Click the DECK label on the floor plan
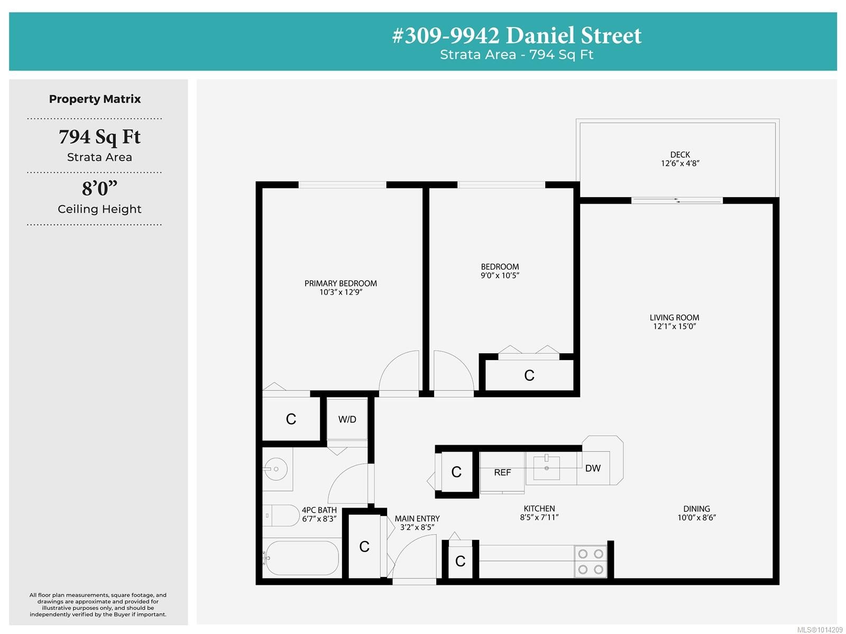tap(680, 154)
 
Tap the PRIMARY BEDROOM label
tap(341, 283)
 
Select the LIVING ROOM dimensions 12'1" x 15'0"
tap(674, 326)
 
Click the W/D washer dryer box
tap(347, 419)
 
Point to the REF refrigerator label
tap(502, 472)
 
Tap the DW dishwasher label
tap(593, 468)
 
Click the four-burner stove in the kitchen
tap(591, 562)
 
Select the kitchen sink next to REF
tap(546, 467)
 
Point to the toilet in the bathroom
tap(281, 516)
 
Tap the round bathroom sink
tap(275, 469)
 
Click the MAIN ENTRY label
tap(417, 519)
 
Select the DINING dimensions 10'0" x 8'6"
tap(696, 518)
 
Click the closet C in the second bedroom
tap(529, 375)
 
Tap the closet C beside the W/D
tap(291, 419)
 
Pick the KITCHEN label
tap(539, 509)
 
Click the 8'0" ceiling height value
tap(99, 188)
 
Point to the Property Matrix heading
tap(95, 99)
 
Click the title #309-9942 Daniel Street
tap(517, 36)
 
